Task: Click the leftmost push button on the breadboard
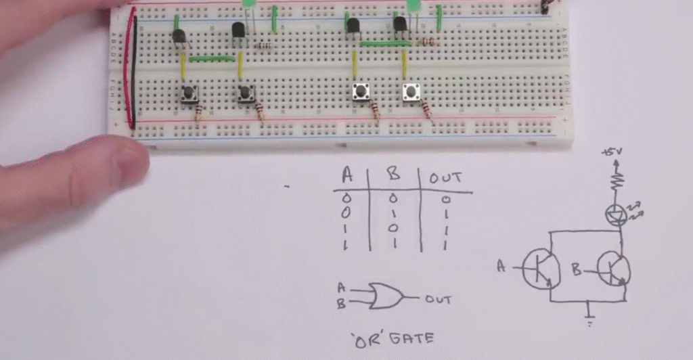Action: click(x=189, y=94)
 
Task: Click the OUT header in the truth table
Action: click(x=445, y=178)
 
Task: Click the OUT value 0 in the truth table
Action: click(x=445, y=200)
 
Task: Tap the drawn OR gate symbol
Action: click(x=384, y=296)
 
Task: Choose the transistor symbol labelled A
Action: click(x=541, y=269)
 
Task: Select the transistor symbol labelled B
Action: click(x=612, y=271)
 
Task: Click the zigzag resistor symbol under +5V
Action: click(x=616, y=181)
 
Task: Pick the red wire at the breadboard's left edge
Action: click(x=127, y=68)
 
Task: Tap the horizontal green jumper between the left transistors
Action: click(x=211, y=59)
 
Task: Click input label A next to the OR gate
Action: click(x=341, y=287)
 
